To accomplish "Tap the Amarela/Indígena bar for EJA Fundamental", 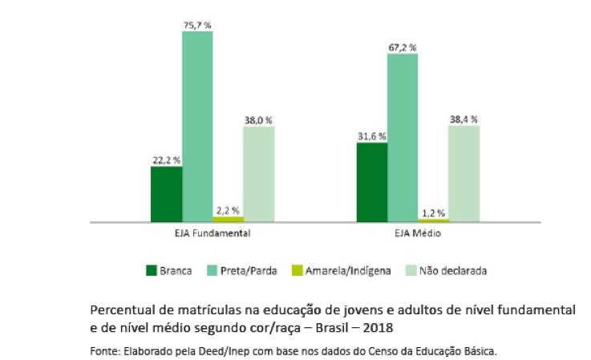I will tap(228, 219).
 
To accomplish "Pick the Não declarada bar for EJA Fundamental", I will tap(258, 173).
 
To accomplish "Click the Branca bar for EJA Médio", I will tap(371, 181).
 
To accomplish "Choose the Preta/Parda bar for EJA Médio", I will tap(403, 137).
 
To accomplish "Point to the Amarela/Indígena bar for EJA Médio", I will tap(433, 220).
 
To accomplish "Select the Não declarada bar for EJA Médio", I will tap(463, 173).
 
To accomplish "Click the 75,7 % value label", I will tap(197, 26).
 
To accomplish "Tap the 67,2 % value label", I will tap(403, 47).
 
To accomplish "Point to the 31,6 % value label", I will tap(371, 136).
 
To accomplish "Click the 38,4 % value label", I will tap(463, 119).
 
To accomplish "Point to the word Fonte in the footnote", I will tap(103, 350).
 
